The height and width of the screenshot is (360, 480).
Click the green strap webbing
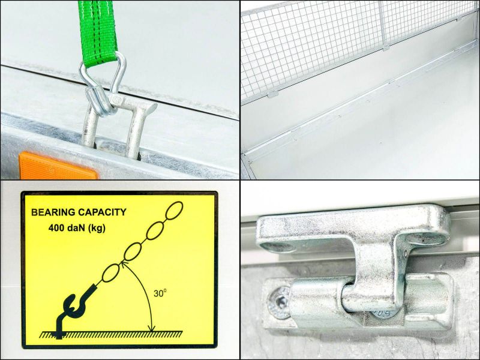(97, 31)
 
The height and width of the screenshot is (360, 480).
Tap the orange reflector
(58, 167)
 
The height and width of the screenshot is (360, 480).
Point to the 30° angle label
(160, 293)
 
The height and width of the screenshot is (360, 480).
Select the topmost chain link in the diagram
(174, 211)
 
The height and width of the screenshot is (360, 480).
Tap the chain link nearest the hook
(111, 273)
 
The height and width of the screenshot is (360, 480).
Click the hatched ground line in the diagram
(111, 334)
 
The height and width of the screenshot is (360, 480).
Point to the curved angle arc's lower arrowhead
(152, 328)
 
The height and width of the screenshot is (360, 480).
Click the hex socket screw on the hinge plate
(279, 302)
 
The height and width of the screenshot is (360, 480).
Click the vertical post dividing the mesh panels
(383, 25)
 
